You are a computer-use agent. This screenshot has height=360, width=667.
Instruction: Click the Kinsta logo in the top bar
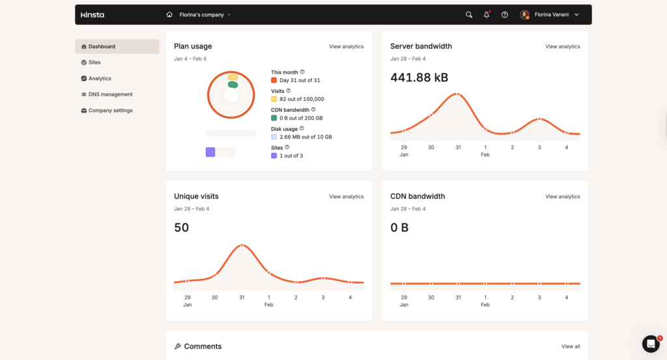(x=92, y=14)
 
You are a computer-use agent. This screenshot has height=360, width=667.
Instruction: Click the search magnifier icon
(x=469, y=14)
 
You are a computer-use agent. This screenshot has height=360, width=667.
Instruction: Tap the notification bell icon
(x=487, y=14)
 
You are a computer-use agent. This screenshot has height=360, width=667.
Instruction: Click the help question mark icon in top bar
(x=504, y=14)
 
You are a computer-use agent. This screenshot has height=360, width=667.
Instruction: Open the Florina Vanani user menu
(x=550, y=14)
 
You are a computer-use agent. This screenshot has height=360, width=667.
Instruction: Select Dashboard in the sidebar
(x=102, y=47)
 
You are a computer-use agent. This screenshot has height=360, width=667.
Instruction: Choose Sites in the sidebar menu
(x=94, y=62)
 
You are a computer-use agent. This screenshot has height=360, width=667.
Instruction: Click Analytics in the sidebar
(x=100, y=79)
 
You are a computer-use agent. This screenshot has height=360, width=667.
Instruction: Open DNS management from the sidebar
(x=110, y=94)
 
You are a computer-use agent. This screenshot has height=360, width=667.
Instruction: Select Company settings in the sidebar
(x=110, y=111)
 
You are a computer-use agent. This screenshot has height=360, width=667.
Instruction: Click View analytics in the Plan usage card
(x=346, y=47)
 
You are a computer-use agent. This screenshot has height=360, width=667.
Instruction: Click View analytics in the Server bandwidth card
(x=562, y=47)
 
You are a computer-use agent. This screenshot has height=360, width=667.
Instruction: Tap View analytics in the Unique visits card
(x=346, y=197)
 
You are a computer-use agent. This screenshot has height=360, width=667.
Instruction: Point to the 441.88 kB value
(x=419, y=77)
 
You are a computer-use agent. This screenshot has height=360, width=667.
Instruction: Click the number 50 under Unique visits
(x=181, y=228)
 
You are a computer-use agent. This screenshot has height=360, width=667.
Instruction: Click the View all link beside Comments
(x=571, y=346)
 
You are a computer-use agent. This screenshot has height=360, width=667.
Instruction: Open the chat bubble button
(x=651, y=344)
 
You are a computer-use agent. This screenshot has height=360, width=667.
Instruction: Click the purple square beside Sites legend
(x=274, y=156)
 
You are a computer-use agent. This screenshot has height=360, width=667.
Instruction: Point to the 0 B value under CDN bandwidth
(x=399, y=228)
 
